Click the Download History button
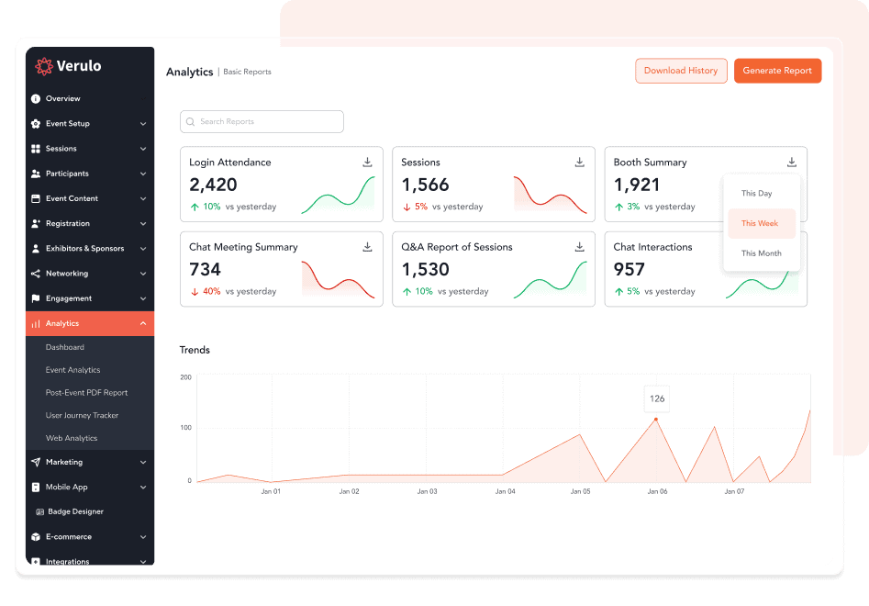pos(681,71)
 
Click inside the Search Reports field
pos(262,121)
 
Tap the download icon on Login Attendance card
pos(367,163)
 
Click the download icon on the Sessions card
pos(579,163)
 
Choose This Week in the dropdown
pos(761,223)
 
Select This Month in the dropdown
pos(761,253)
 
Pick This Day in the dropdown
pos(757,194)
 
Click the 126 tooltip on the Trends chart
pos(657,398)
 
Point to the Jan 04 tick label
pos(506,492)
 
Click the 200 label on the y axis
pos(185,377)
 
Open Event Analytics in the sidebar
pos(73,370)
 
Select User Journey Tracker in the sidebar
pos(83,415)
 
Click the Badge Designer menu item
pos(75,511)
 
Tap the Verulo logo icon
pos(43,66)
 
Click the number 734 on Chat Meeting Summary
pos(206,270)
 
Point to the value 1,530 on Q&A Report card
pos(426,270)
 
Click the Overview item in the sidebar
pos(63,98)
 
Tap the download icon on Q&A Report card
pos(579,247)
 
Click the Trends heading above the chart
pos(195,350)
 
